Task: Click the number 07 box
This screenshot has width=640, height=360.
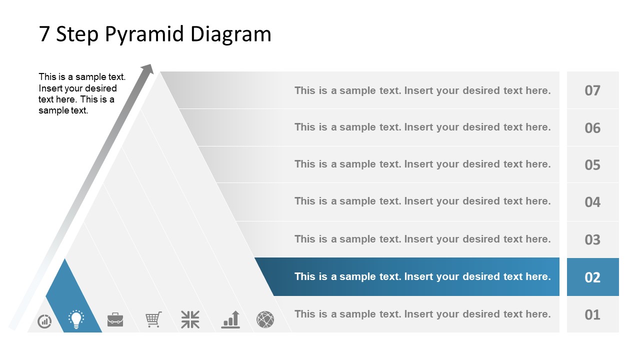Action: tap(592, 90)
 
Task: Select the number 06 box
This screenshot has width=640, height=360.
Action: tap(592, 127)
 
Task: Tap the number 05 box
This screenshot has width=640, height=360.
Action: tap(592, 164)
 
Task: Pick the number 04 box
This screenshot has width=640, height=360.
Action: tap(592, 202)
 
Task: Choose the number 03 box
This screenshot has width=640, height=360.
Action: tap(592, 239)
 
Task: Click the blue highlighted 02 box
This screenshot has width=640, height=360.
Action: tap(592, 277)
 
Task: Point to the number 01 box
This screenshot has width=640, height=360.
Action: tap(592, 314)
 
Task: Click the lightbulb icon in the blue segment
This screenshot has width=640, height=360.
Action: tap(76, 319)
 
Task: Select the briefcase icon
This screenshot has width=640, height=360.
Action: tap(115, 319)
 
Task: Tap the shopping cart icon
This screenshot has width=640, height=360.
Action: tap(153, 319)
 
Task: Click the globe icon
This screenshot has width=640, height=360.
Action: tap(265, 319)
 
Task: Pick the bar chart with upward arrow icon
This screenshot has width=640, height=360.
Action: tap(231, 319)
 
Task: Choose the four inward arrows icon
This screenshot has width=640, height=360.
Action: tap(190, 319)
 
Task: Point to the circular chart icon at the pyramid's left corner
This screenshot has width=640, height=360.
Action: tap(44, 321)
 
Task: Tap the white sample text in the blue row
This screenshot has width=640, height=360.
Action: tap(422, 276)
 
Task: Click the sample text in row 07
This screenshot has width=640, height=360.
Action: tap(422, 90)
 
